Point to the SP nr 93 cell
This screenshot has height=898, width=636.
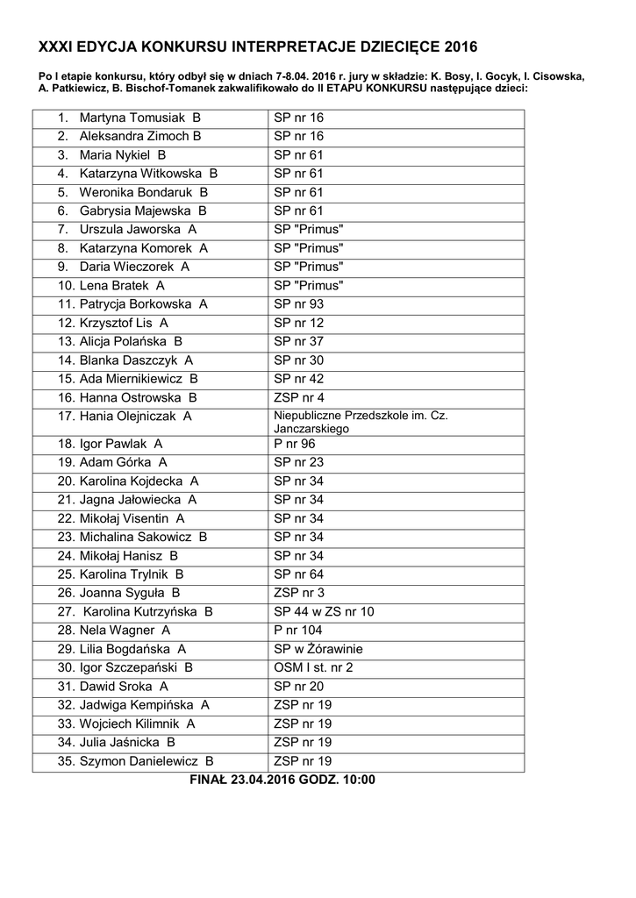(x=298, y=304)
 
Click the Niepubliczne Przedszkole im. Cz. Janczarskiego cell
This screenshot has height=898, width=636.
(x=361, y=422)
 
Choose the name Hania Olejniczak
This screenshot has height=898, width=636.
(x=129, y=417)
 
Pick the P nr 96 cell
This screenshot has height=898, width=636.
(x=294, y=444)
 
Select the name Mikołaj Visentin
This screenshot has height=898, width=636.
(x=124, y=518)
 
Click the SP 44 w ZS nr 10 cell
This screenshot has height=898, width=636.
(x=324, y=611)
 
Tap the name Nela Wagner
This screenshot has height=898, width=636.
(x=117, y=631)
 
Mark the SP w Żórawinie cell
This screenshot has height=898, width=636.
(x=318, y=649)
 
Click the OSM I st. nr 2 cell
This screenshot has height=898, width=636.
(x=313, y=667)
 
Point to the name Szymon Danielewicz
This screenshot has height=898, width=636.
(x=140, y=761)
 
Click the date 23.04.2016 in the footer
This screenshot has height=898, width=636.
(x=262, y=780)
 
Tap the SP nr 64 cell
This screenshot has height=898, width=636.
(x=298, y=574)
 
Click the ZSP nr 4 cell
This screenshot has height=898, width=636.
(x=298, y=397)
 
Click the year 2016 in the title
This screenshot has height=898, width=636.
(x=461, y=47)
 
